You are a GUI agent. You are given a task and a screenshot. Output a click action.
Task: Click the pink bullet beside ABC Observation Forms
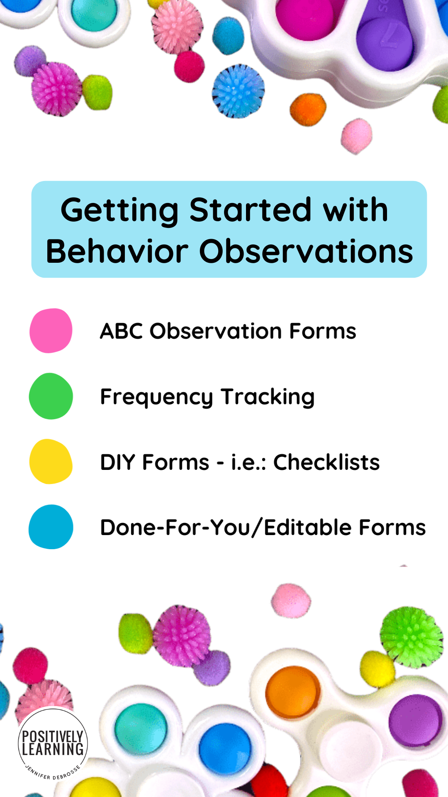tap(51, 331)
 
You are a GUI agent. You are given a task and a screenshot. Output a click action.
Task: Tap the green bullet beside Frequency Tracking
tap(51, 396)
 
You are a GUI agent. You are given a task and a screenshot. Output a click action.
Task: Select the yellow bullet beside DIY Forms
tap(51, 462)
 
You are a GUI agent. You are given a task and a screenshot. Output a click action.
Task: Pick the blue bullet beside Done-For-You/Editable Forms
tap(51, 527)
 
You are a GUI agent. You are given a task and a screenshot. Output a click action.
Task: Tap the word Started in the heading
tap(250, 210)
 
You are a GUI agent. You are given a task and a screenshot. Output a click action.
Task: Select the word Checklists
tap(326, 462)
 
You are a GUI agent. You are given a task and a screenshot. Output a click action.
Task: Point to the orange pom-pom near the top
tap(308, 109)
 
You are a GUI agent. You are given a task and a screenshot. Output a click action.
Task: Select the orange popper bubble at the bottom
tap(293, 692)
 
